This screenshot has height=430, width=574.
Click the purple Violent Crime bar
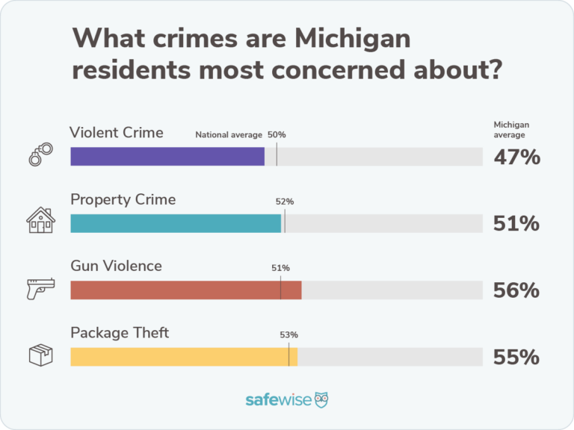pyautogui.click(x=167, y=156)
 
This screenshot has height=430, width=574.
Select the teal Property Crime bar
pyautogui.click(x=176, y=223)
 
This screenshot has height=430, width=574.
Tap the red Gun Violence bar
pyautogui.click(x=185, y=290)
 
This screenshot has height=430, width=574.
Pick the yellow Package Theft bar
pyautogui.click(x=184, y=357)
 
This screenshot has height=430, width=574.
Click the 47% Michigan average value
pyautogui.click(x=516, y=157)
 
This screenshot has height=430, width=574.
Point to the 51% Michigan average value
pyautogui.click(x=516, y=223)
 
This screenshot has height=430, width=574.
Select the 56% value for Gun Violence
pyautogui.click(x=516, y=290)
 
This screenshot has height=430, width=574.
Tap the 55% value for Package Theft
pyautogui.click(x=516, y=357)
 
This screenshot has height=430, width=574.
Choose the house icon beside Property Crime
pyautogui.click(x=41, y=220)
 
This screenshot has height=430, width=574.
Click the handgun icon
pyautogui.click(x=41, y=288)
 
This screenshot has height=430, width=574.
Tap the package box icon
pyautogui.click(x=41, y=355)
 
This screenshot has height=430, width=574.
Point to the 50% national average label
pyautogui.click(x=277, y=134)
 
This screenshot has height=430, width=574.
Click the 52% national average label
pyautogui.click(x=285, y=202)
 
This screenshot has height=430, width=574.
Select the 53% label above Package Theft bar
pyautogui.click(x=288, y=335)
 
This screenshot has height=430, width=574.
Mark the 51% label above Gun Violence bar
pyautogui.click(x=281, y=268)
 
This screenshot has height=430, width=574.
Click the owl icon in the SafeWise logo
pyautogui.click(x=321, y=399)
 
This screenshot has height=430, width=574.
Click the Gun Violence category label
pyautogui.click(x=116, y=266)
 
